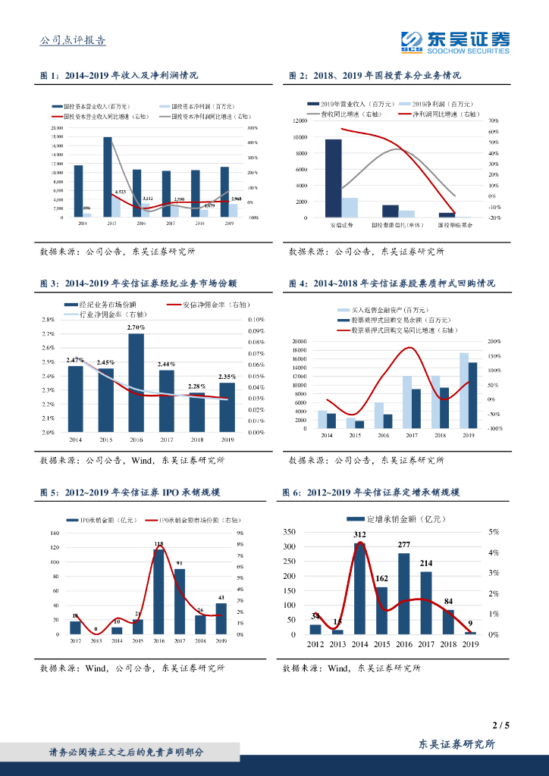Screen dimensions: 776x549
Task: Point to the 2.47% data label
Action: click(75, 359)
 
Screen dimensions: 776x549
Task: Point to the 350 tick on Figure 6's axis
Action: click(287, 532)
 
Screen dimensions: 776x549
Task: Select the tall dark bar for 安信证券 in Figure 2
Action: click(334, 178)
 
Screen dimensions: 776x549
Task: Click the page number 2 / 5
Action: click(500, 725)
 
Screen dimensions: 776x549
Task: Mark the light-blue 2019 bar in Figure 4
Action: click(463, 390)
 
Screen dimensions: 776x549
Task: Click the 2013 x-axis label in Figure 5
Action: click(96, 641)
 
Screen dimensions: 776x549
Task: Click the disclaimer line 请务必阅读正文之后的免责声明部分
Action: click(127, 752)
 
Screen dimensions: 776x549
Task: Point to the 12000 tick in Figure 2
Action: click(297, 121)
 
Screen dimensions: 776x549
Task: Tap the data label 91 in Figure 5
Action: click(180, 563)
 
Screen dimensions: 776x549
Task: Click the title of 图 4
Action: click(392, 283)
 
